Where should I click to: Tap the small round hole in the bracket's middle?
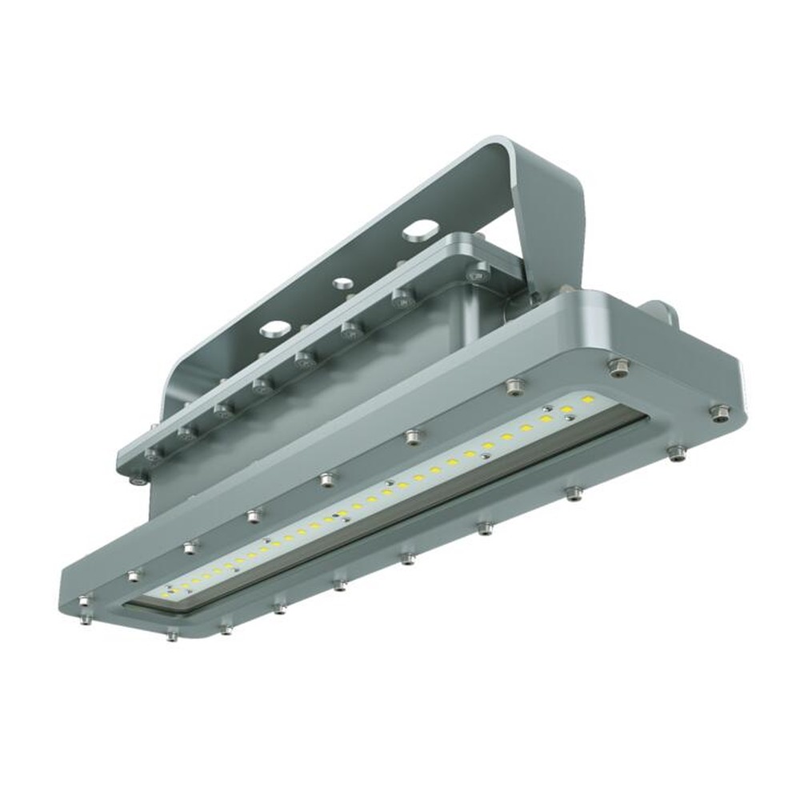342,283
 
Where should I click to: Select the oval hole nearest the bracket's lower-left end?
274,327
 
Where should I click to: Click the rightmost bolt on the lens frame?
719,413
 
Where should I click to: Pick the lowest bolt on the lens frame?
172,634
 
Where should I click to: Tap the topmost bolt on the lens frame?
618,366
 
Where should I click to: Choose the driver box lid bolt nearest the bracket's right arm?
478,272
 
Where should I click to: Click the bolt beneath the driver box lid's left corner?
138,481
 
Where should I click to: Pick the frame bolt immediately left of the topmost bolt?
512,388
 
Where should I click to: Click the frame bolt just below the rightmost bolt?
676,454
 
